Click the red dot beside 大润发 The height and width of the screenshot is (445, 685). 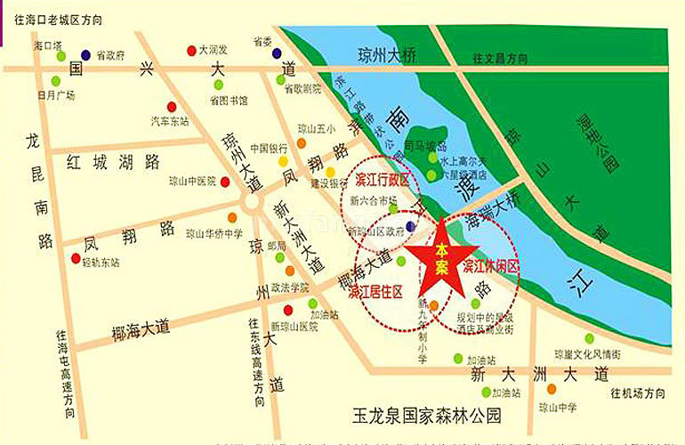pos(191,50)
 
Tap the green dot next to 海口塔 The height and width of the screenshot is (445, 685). pos(60,56)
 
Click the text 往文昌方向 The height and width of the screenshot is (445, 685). pos(501,58)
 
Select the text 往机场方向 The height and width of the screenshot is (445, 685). pos(638,392)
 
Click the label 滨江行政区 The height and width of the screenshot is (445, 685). pos(382,181)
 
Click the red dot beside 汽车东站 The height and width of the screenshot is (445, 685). pos(172,107)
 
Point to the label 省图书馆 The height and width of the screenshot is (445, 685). pos(229,101)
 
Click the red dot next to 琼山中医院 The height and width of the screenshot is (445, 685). pos(226,182)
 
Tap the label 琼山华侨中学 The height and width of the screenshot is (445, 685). pos(214,234)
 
